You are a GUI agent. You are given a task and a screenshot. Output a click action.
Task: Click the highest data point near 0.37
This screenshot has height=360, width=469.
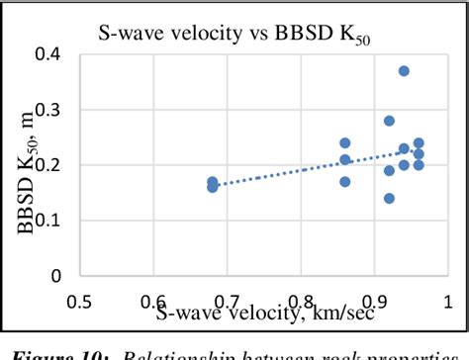[404, 71]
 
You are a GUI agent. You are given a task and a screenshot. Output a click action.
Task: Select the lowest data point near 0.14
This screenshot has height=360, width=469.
[389, 198]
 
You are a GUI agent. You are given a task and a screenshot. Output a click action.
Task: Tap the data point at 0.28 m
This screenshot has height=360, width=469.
[389, 121]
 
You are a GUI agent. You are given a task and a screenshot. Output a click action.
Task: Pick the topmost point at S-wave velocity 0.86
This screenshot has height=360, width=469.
[345, 143]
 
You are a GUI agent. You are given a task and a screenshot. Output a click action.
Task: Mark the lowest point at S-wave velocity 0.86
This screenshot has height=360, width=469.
[345, 182]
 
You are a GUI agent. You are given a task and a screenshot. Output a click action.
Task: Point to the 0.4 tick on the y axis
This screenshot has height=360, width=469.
[53, 55]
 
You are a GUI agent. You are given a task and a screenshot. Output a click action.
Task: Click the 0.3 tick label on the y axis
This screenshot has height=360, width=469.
[53, 111]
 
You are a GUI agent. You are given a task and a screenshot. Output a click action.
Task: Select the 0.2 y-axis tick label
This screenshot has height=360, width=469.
[53, 166]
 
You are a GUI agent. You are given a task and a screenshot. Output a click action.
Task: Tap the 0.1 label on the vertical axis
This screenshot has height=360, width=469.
[53, 222]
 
